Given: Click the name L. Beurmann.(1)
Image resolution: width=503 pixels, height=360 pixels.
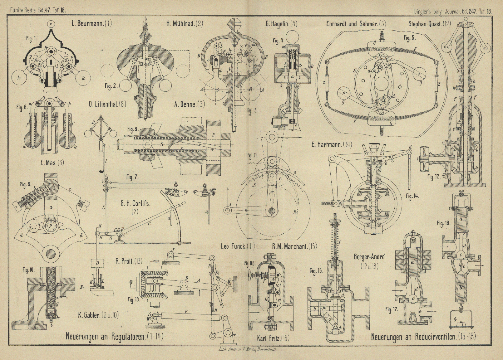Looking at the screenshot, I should (x=91, y=23).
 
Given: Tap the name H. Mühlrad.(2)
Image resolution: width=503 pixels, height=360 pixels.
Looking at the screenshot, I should (x=185, y=23).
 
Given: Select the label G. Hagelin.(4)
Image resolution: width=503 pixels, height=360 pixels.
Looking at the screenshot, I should (x=281, y=23).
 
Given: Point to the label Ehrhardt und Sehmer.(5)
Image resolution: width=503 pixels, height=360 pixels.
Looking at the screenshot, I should (x=356, y=24).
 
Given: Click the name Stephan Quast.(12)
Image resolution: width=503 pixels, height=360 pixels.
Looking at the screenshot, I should (x=429, y=24).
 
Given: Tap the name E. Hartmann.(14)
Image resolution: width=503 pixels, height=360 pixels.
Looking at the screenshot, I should (x=331, y=144).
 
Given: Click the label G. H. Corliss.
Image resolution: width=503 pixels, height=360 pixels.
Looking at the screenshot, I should (x=136, y=203).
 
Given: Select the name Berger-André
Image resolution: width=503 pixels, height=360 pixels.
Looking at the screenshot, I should (x=370, y=257).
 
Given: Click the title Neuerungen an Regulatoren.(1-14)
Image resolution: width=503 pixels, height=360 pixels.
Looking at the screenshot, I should (x=114, y=336).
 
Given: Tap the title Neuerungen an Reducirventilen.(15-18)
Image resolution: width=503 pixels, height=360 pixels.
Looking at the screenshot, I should (x=423, y=337).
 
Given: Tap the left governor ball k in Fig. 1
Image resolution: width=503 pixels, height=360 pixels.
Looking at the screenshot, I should (x=19, y=78).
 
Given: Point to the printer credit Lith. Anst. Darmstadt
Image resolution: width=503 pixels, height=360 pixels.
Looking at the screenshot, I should (x=249, y=350).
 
